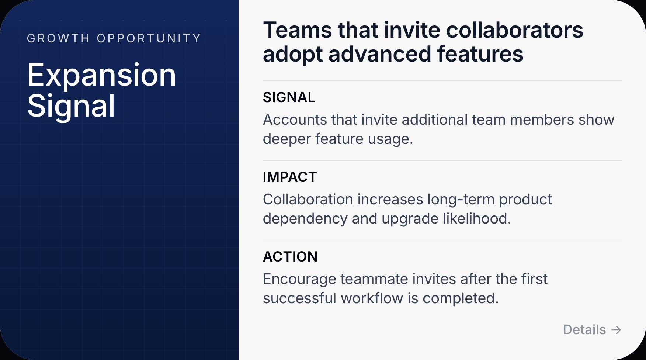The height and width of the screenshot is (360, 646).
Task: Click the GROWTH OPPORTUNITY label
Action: click(x=114, y=38)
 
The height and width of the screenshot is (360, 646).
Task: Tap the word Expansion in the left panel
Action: click(x=101, y=75)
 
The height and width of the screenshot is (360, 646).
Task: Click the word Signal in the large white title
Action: click(x=71, y=106)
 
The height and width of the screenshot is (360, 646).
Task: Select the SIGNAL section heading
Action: click(x=289, y=97)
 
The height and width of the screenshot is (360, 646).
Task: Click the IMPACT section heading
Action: click(x=289, y=177)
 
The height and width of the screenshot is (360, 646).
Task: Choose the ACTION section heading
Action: click(x=290, y=257)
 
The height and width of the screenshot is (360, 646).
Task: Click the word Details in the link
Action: click(x=584, y=329)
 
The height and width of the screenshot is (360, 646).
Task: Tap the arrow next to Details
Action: click(x=616, y=330)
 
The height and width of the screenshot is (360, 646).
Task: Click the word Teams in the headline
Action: click(x=297, y=30)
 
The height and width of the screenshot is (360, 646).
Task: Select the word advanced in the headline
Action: click(x=379, y=54)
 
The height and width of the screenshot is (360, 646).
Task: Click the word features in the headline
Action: click(x=480, y=54)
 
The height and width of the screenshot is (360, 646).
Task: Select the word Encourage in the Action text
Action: click(x=299, y=279)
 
